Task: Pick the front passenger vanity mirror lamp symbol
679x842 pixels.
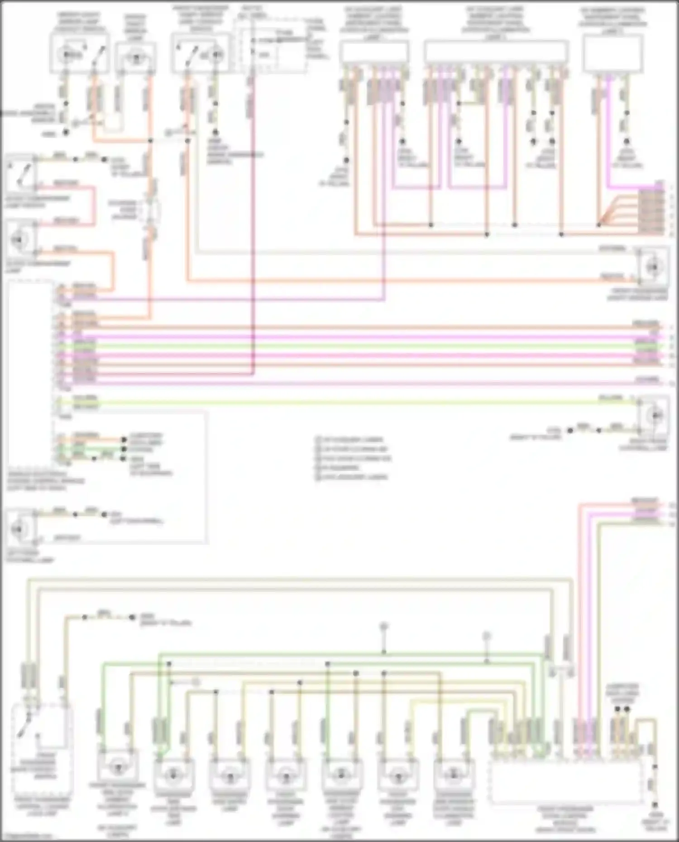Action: click(654, 267)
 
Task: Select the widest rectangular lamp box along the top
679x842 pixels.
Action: click(496, 51)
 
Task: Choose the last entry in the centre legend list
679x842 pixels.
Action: click(353, 477)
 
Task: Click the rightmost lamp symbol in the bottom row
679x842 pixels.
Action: click(454, 775)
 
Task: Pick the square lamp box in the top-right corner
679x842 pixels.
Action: click(612, 53)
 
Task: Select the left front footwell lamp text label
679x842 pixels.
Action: click(30, 557)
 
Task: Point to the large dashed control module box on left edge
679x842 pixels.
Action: click(30, 371)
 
